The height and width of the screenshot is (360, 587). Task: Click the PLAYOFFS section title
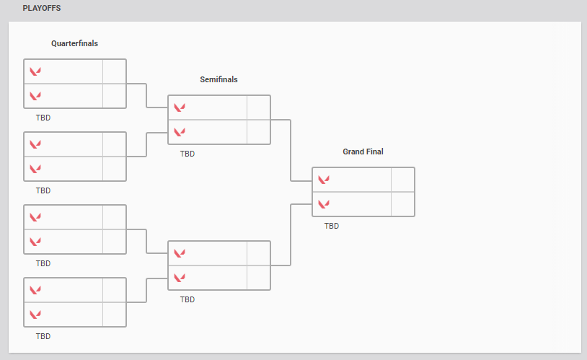click(x=42, y=9)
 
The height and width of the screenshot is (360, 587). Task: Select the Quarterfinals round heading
click(x=74, y=43)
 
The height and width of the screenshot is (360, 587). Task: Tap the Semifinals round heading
click(x=219, y=79)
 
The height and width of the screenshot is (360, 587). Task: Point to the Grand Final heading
click(x=363, y=152)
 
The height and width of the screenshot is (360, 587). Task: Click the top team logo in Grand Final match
click(x=324, y=180)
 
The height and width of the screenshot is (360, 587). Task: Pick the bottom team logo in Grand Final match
click(x=324, y=204)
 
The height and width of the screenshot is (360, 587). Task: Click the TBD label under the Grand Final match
click(x=332, y=226)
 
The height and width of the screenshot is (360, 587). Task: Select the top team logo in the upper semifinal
click(x=180, y=107)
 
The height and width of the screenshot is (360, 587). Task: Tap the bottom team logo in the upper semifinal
click(x=180, y=132)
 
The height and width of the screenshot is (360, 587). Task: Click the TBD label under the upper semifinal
click(x=187, y=154)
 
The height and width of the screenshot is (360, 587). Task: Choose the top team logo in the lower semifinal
click(x=180, y=253)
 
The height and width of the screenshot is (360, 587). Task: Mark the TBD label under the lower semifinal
click(x=187, y=299)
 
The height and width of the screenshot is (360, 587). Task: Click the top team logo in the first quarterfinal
click(x=35, y=71)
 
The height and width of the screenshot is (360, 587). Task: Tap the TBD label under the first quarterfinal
click(x=43, y=118)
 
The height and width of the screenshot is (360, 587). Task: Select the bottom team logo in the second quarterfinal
click(x=35, y=168)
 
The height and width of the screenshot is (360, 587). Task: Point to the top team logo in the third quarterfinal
click(x=35, y=217)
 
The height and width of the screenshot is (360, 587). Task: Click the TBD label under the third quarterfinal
click(x=43, y=263)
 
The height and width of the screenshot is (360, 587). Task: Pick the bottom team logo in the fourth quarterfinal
click(x=35, y=314)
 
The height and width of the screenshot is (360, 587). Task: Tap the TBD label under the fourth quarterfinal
click(x=43, y=336)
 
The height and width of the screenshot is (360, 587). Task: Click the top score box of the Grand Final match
click(x=402, y=180)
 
